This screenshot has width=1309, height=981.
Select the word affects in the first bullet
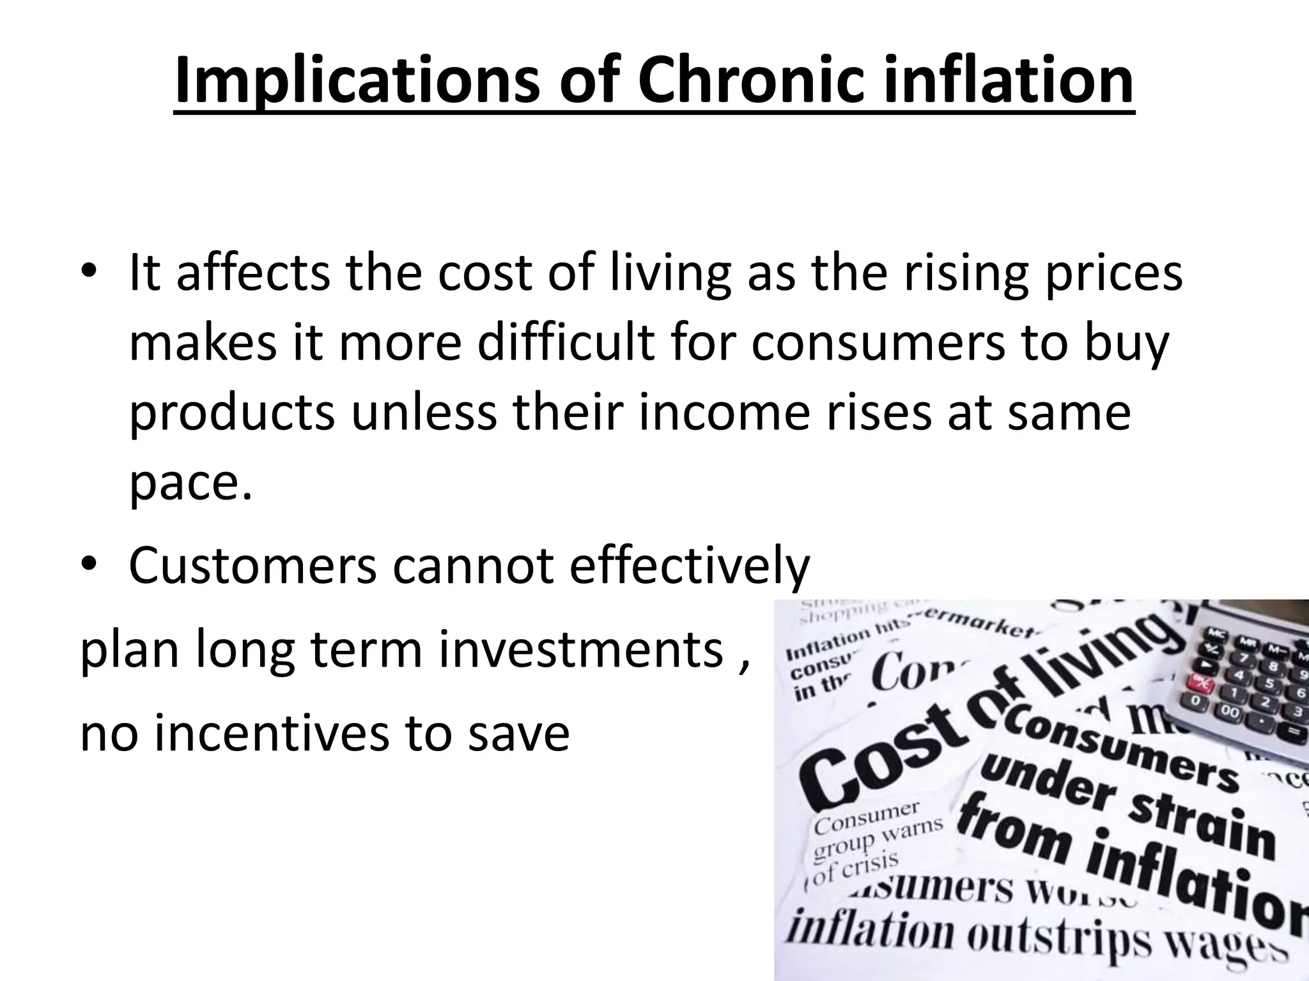click(x=253, y=272)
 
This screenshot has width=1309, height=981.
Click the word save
click(x=518, y=734)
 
